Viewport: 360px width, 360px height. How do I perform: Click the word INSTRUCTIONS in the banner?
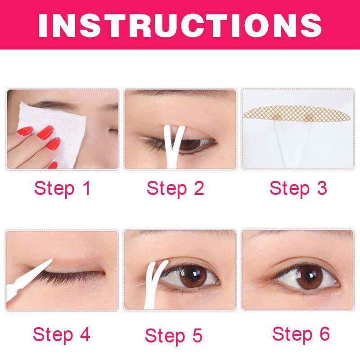[x=180, y=25]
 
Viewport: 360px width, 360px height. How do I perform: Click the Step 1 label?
[x=62, y=189]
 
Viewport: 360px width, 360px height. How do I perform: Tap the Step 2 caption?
[x=175, y=189]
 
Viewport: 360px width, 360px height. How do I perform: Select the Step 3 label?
[x=298, y=189]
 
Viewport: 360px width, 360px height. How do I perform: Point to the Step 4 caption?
[x=62, y=334]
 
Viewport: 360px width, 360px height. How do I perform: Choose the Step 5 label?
[x=174, y=336]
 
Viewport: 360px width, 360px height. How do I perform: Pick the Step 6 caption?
[x=301, y=334]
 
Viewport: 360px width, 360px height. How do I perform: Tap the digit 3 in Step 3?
[x=322, y=188]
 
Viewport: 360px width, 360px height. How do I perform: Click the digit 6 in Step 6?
[x=325, y=333]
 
